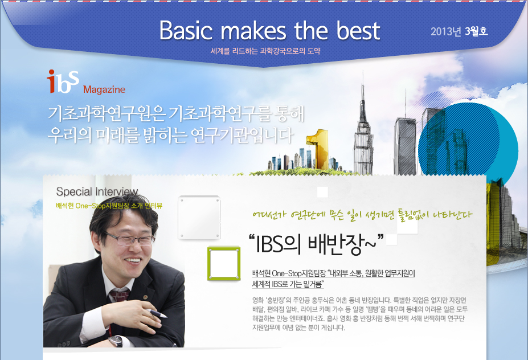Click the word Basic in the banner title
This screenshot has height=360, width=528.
[186, 30]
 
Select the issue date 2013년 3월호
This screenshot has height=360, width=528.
[459, 31]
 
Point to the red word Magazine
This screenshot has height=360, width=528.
[104, 89]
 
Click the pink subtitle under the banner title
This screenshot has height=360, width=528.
[265, 51]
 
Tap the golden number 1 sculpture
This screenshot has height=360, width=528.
[318, 149]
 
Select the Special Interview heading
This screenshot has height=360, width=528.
[97, 191]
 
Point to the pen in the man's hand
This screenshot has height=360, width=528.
[157, 313]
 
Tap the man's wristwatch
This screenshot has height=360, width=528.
[117, 341]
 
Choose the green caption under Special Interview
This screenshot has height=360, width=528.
[109, 206]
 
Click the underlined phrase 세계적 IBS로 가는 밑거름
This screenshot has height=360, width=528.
[288, 284]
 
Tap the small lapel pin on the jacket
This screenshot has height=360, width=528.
[145, 297]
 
